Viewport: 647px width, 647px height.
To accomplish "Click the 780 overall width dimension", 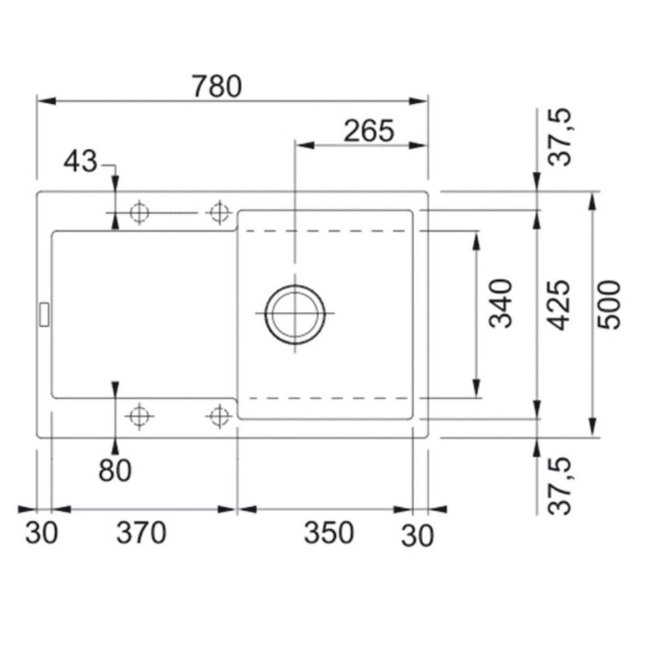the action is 217,86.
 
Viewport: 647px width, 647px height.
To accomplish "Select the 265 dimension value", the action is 369,131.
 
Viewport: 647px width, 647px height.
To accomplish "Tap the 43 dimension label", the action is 80,161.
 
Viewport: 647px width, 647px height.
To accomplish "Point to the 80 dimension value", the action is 115,470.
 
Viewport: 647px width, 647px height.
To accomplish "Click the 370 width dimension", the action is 142,532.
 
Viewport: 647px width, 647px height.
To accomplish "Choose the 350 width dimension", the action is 329,532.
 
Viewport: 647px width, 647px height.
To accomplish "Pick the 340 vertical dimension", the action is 501,303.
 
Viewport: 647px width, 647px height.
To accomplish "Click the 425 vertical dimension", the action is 560,305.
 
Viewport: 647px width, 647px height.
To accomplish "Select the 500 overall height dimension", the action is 609,305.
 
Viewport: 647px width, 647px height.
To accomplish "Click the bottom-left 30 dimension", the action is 41,532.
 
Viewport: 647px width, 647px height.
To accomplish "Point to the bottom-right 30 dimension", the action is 417,536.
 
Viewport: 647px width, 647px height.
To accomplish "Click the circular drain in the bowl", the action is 294,314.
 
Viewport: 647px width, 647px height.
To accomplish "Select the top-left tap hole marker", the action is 140,213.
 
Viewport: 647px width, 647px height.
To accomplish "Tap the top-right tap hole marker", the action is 219,213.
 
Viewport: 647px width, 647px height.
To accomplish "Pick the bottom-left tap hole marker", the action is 140,416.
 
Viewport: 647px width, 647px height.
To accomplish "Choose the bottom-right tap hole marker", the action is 219,416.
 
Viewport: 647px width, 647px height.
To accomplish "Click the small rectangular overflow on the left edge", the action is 44,314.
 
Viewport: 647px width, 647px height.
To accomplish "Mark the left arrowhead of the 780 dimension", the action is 47,101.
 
